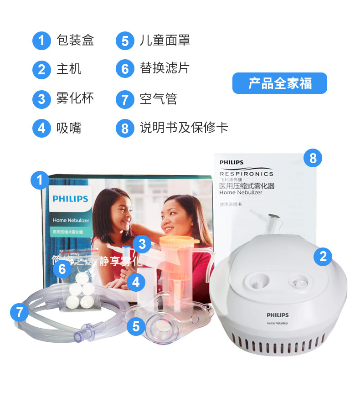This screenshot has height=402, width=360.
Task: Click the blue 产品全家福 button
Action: [x=279, y=83]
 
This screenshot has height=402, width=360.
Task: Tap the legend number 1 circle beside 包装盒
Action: [x=41, y=41]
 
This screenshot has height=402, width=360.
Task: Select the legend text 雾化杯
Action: [x=75, y=98]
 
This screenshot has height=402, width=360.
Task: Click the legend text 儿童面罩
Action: [x=165, y=40]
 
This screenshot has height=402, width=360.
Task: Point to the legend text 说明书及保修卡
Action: [x=184, y=127]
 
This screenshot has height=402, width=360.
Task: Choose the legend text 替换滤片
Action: [x=165, y=68]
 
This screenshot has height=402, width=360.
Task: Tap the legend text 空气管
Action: [x=158, y=98]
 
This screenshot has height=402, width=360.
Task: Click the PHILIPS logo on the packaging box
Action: [x=70, y=199]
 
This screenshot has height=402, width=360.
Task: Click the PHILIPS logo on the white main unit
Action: [x=278, y=315]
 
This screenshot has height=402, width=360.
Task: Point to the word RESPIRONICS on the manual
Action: [x=247, y=174]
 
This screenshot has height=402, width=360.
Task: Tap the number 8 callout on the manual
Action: [x=313, y=158]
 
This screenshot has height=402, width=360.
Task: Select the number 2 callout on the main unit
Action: [x=323, y=256]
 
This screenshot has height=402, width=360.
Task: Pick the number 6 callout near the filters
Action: [x=62, y=269]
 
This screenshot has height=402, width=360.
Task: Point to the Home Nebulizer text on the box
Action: [x=71, y=220]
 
